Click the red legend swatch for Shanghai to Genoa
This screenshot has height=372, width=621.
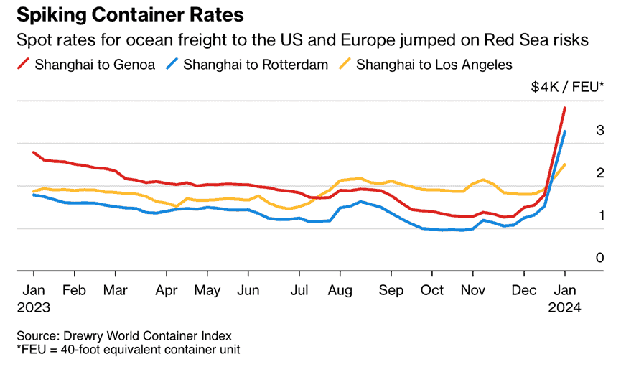[x=22, y=65]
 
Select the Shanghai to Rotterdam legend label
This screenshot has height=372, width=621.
[x=256, y=65]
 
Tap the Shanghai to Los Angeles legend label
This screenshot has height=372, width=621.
[x=434, y=65]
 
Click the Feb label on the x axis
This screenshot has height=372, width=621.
[x=75, y=291]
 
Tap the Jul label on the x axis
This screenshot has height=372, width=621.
[x=299, y=291]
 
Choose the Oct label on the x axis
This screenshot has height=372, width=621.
[x=431, y=291]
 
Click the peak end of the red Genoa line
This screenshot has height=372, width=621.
[x=565, y=108]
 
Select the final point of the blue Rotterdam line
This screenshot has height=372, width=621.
[x=565, y=131]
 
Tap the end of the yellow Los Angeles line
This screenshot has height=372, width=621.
[x=565, y=164]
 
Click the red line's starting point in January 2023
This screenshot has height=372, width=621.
[x=34, y=152]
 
